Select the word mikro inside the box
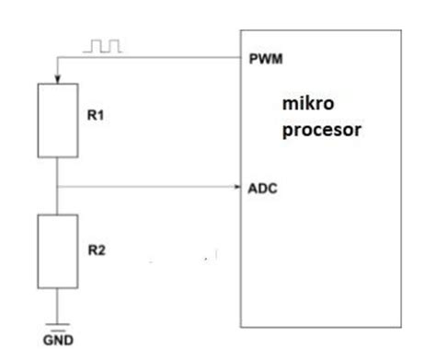coord(304,108)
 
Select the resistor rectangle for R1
coord(57,121)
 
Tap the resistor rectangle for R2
coord(57,250)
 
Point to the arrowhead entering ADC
coord(235,187)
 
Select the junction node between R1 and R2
coord(57,187)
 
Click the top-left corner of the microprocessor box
coord(240,30)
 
